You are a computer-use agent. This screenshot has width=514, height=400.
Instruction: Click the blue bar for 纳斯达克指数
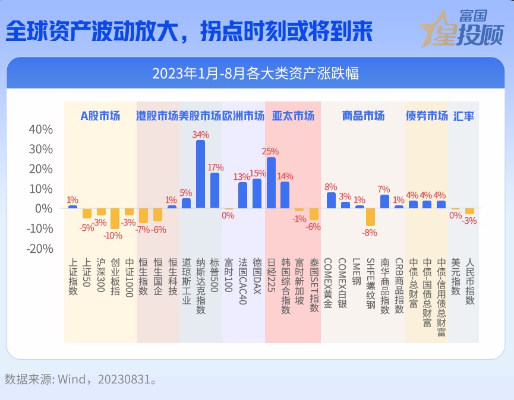pyautogui.click(x=201, y=174)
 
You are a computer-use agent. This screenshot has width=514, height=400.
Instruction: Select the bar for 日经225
pyautogui.click(x=271, y=183)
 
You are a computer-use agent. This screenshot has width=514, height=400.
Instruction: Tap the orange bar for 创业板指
pyautogui.click(x=115, y=218)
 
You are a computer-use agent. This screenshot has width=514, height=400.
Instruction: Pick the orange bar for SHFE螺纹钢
pyautogui.click(x=370, y=217)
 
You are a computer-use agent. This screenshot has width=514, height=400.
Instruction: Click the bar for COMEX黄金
pyautogui.click(x=331, y=200)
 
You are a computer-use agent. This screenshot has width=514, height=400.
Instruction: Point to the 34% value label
pyautogui.click(x=201, y=135)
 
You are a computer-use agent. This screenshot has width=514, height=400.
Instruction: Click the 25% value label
pyautogui.click(x=270, y=151)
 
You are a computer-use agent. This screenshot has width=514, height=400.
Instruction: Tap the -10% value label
pyautogui.click(x=113, y=236)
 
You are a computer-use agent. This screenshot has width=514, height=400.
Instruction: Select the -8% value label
pyautogui.click(x=370, y=233)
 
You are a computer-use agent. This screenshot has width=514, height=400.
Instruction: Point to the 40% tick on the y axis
pyautogui.click(x=40, y=129)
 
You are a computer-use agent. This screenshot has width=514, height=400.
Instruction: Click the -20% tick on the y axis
pyautogui.click(x=40, y=249)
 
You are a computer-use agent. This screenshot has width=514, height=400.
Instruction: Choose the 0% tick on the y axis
pyautogui.click(x=43, y=208)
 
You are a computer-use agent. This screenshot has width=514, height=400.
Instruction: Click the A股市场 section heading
pyautogui.click(x=100, y=116)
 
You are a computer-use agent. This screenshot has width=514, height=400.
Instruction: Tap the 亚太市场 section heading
pyautogui.click(x=293, y=116)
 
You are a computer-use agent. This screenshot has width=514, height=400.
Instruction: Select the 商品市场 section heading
pyautogui.click(x=363, y=116)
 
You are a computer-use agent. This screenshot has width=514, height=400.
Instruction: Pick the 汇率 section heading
pyautogui.click(x=463, y=116)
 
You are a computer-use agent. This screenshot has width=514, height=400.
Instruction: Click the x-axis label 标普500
pyautogui.click(x=215, y=275)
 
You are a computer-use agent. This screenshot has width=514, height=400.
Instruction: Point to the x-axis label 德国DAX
pyautogui.click(x=257, y=276)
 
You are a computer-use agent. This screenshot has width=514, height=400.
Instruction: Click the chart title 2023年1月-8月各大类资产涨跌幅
pyautogui.click(x=256, y=74)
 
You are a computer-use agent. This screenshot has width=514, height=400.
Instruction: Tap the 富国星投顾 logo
pyautogui.click(x=462, y=28)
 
